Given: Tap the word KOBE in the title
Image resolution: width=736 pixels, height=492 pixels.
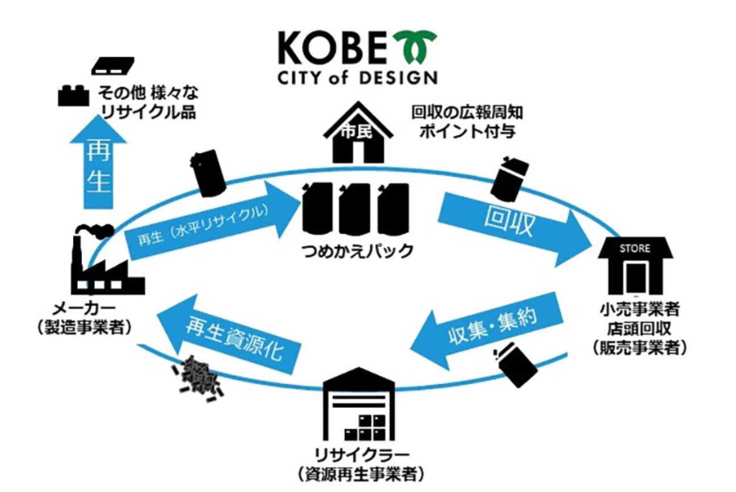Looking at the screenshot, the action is pos(333,48).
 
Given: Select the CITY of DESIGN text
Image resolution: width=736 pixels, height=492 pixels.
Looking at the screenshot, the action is pos(358,78).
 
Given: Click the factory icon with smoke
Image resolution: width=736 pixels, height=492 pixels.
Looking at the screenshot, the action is pos(108,259).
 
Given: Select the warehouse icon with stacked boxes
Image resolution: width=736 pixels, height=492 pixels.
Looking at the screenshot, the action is pos(359,404).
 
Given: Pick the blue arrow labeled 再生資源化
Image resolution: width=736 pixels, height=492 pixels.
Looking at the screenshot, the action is pos(229,334).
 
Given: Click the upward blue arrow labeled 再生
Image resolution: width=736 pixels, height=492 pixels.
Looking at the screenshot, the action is pos(98,162).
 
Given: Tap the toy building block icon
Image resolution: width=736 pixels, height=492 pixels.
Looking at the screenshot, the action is pos(73,96).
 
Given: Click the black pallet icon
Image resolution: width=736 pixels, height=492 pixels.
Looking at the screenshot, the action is pos(113,65).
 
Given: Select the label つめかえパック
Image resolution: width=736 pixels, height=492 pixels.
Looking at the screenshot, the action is pos(358,251).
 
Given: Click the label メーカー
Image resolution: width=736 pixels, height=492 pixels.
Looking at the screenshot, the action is pos(85,308).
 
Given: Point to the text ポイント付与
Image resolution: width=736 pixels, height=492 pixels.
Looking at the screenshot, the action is pos(468,132).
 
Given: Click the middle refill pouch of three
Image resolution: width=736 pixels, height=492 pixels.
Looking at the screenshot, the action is pos(355,208).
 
